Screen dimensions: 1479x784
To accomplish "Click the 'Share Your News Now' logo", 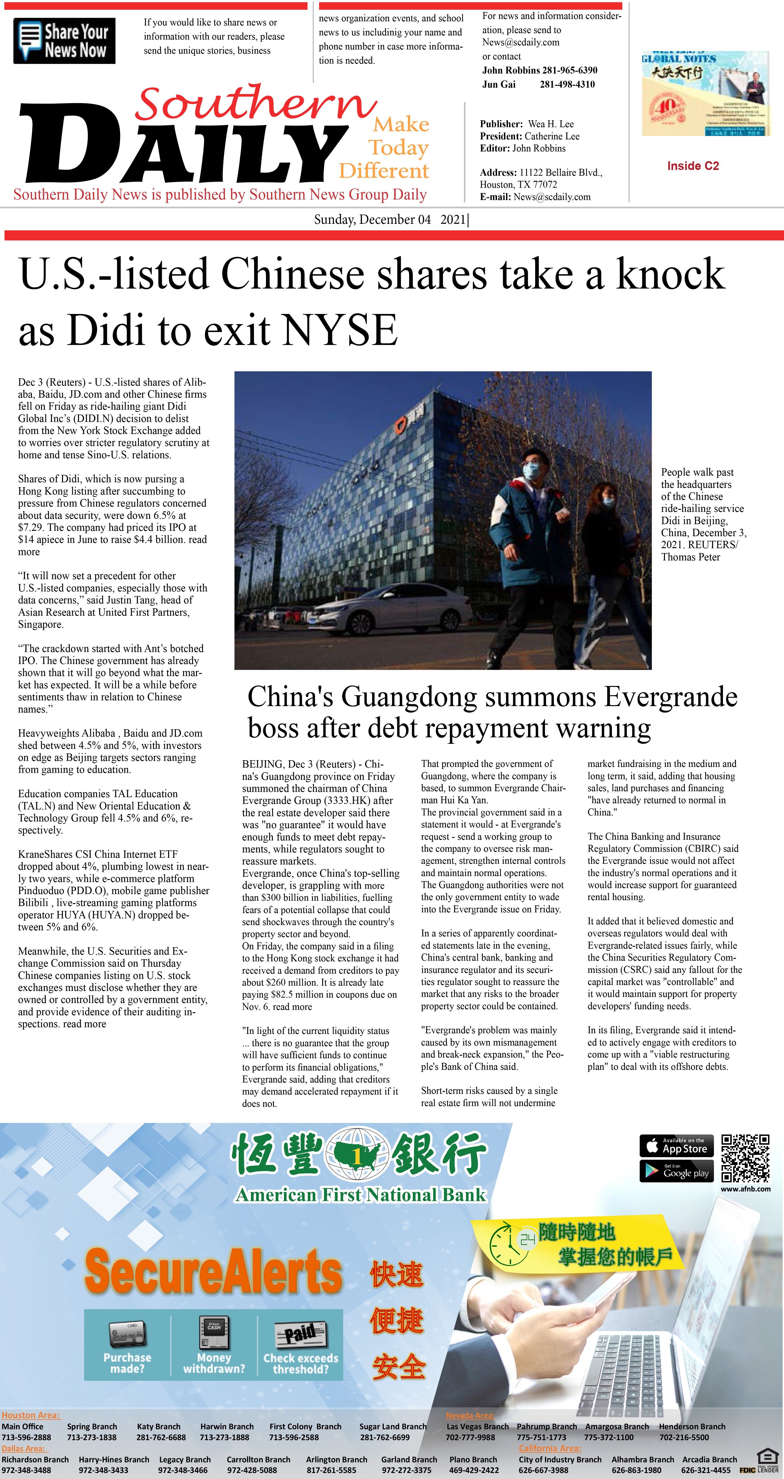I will tap(64, 41).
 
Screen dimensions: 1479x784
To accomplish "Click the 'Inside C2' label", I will tap(693, 166).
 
